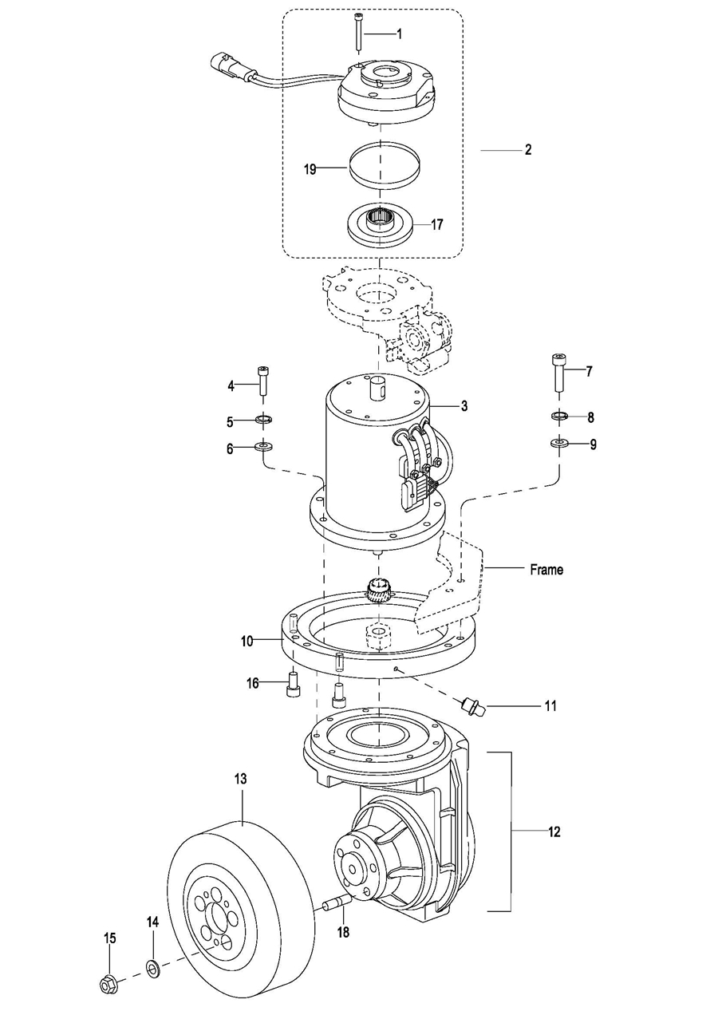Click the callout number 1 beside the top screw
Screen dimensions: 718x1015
[399, 34]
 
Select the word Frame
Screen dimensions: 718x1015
[546, 569]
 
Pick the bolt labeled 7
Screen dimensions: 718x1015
[558, 373]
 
